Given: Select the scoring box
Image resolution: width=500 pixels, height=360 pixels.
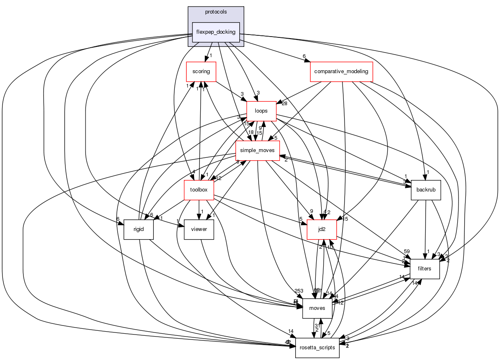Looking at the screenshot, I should [201, 72].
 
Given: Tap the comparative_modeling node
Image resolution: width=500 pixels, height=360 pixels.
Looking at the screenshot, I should [341, 72].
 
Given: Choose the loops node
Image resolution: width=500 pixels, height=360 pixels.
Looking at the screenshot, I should [261, 111].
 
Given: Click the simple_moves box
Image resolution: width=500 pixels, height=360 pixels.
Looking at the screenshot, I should [257, 151].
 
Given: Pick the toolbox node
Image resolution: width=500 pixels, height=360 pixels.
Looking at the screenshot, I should [199, 190].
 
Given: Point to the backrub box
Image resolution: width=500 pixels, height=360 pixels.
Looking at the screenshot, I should [426, 190].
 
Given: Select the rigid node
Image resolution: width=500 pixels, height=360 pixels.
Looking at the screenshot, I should [139, 229].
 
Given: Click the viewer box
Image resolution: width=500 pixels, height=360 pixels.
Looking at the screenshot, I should [199, 229].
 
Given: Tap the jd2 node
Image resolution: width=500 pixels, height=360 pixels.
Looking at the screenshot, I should [322, 229].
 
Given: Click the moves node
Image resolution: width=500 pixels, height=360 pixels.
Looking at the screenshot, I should [317, 308].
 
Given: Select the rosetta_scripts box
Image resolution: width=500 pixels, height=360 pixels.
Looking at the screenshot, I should [317, 348].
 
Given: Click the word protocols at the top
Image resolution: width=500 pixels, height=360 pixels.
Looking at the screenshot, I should [216, 12].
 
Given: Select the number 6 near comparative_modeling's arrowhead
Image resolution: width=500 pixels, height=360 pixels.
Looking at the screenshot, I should [304, 56].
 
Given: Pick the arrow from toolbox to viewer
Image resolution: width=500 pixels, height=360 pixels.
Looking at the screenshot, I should [199, 208].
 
